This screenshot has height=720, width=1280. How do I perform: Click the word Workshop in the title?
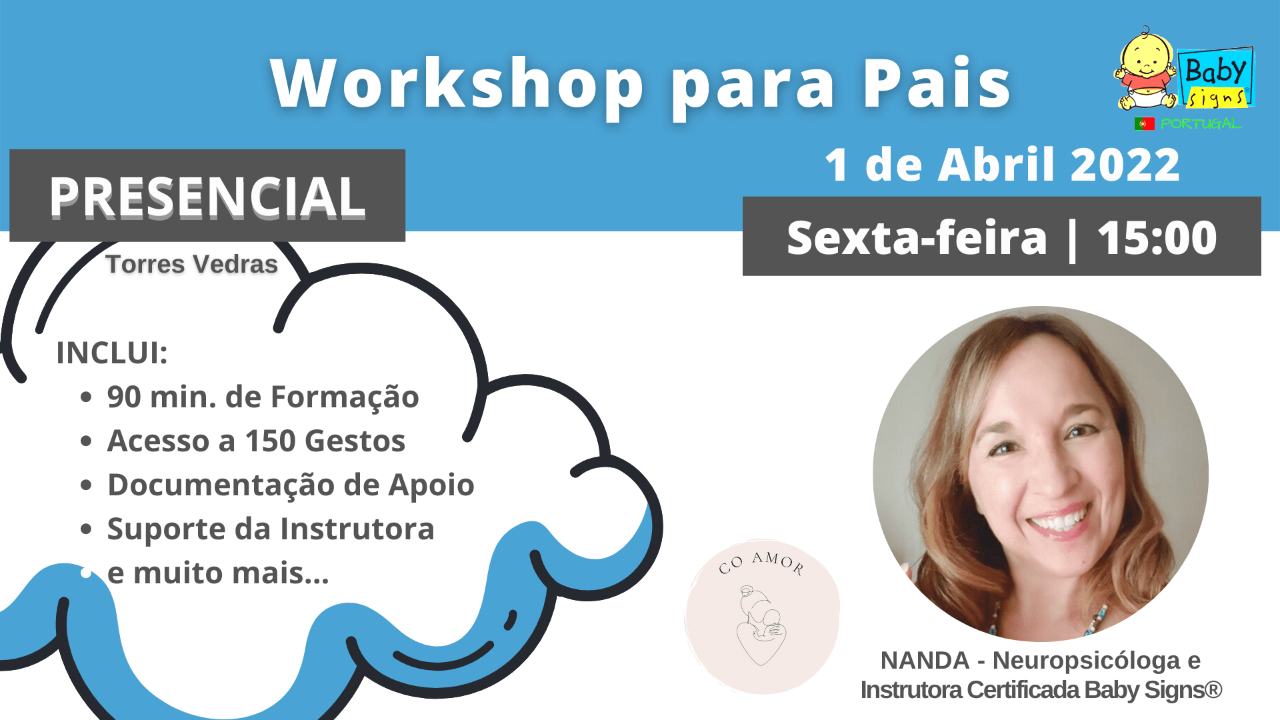[457, 84]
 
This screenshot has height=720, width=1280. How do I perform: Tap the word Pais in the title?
[937, 84]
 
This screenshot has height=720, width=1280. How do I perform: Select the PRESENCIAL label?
[207, 197]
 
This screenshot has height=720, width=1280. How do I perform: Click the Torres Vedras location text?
[191, 264]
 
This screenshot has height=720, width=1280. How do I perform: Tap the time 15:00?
[1157, 237]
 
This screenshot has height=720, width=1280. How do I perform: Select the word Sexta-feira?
[917, 237]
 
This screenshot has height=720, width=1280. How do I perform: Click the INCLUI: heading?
[112, 353]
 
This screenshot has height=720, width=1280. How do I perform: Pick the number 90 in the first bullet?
[124, 397]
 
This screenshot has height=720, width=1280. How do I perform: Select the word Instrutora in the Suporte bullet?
[357, 529]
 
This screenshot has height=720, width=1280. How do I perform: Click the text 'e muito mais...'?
[218, 573]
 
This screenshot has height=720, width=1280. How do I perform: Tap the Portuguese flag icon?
[1144, 123]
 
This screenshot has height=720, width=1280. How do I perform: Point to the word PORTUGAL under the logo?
[1201, 124]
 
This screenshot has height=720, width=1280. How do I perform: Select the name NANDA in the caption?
[925, 660]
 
